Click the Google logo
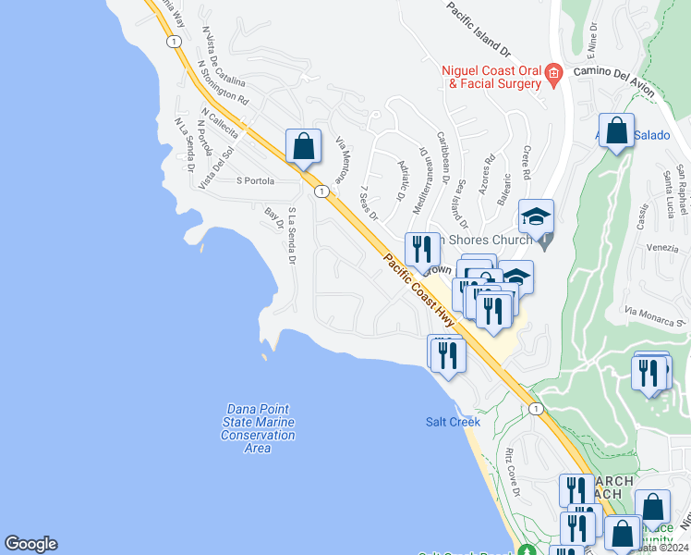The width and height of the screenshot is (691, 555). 30,544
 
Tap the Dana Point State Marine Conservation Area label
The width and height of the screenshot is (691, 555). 259,428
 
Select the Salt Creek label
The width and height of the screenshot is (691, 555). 453,422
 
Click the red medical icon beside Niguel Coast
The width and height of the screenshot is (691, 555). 553,74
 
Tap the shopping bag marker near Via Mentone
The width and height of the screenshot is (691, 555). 303,147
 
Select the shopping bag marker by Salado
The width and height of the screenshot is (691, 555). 616,131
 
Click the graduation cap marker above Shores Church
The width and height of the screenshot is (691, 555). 536,218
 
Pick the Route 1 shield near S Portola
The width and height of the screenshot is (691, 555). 321,191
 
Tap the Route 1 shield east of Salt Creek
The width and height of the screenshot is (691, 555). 535,408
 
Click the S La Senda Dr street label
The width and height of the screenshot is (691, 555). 291,236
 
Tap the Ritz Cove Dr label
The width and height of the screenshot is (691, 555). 510,471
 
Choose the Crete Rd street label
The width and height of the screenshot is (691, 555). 525,162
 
